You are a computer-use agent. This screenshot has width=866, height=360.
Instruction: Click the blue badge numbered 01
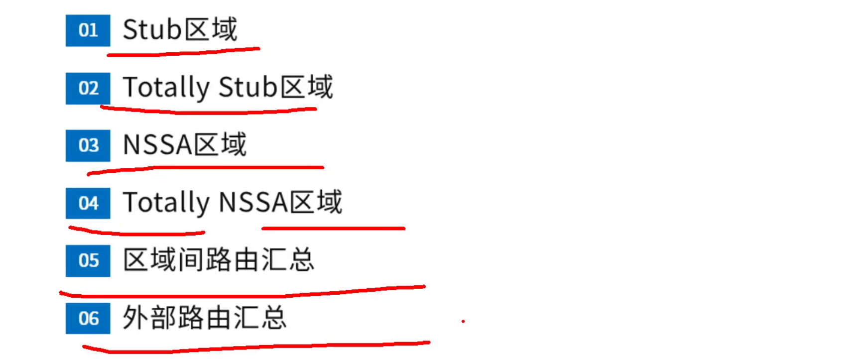pos(88,30)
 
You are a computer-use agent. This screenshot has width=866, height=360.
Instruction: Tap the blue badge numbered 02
pos(88,88)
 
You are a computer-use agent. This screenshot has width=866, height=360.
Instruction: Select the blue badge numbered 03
pos(88,145)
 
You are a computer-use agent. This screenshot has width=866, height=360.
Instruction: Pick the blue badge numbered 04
pos(88,203)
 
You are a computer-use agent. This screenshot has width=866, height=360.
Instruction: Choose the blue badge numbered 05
pos(88,260)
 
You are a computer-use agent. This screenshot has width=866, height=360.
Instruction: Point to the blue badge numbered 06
pos(88,318)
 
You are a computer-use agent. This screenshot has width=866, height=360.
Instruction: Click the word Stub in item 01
pos(152,30)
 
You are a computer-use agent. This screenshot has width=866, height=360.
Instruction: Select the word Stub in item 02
pos(247,88)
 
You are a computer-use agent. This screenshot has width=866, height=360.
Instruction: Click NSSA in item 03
pos(157,145)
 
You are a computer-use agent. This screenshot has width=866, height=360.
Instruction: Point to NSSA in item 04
pos(253,203)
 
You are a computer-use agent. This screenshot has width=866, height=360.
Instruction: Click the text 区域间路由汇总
pos(219,260)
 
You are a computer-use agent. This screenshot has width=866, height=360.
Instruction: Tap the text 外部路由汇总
pos(205,318)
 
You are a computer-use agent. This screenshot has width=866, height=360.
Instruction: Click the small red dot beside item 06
pos(463,322)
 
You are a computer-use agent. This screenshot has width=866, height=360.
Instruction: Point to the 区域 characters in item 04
pos(316,203)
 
